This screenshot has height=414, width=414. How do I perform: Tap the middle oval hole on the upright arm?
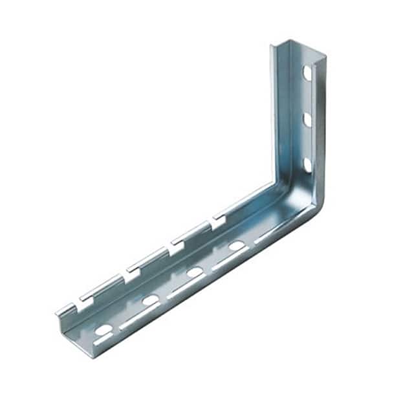(307, 119)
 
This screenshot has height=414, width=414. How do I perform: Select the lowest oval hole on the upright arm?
(307, 165)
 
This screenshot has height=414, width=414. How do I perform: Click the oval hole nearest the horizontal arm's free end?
(103, 330)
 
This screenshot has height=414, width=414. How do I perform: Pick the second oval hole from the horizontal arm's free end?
(151, 300)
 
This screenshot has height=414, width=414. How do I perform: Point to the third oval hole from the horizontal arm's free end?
(195, 272)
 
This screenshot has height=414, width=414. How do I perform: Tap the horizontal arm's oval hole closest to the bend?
(236, 246)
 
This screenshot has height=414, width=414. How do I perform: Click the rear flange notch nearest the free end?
(83, 300)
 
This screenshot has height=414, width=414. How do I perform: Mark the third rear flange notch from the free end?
(173, 245)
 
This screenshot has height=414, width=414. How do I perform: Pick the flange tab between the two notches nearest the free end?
(105, 283)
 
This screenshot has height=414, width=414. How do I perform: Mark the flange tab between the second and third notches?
(151, 256)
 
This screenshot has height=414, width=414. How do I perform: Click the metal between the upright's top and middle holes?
(307, 96)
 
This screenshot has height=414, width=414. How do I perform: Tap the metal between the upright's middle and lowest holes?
(307, 142)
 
